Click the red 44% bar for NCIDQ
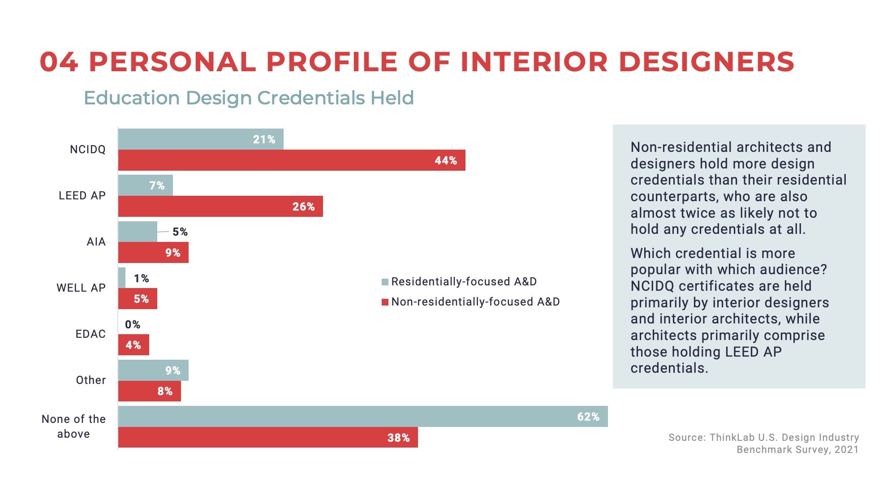(x=291, y=160)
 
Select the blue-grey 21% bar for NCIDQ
(x=201, y=139)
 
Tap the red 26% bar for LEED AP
(x=220, y=207)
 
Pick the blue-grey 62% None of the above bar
(x=363, y=417)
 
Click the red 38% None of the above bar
(x=268, y=438)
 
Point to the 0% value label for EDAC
(x=133, y=324)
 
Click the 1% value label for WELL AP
(x=142, y=278)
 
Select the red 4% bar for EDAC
(x=134, y=345)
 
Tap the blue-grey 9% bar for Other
(x=153, y=370)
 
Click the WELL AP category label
(x=81, y=288)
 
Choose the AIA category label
(x=96, y=242)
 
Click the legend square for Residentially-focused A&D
(x=385, y=282)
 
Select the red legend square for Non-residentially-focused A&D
(x=385, y=302)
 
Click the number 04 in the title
(x=59, y=62)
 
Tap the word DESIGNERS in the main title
(x=706, y=62)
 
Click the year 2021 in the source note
(x=846, y=449)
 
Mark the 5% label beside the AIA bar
(x=180, y=232)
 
